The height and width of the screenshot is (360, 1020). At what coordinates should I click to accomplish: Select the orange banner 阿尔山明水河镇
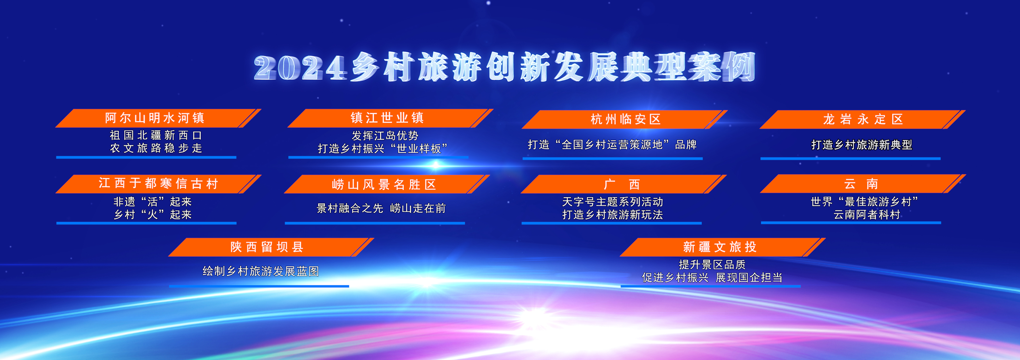(158, 118)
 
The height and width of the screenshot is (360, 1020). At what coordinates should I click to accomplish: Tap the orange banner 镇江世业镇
(390, 118)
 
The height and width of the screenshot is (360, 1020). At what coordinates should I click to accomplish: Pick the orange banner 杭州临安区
(624, 119)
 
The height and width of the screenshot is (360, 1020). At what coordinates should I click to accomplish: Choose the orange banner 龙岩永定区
(862, 119)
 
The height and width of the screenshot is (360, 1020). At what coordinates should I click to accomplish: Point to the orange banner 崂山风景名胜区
(387, 184)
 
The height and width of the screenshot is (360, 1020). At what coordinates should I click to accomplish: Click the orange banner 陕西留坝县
(271, 247)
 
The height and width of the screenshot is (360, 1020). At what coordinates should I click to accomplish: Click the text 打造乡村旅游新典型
(862, 145)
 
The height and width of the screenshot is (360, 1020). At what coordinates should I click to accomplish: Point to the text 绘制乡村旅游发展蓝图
(261, 271)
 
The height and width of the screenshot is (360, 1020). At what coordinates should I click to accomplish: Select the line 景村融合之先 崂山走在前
(381, 208)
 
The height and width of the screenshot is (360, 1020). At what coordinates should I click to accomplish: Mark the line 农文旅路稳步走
(156, 148)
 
